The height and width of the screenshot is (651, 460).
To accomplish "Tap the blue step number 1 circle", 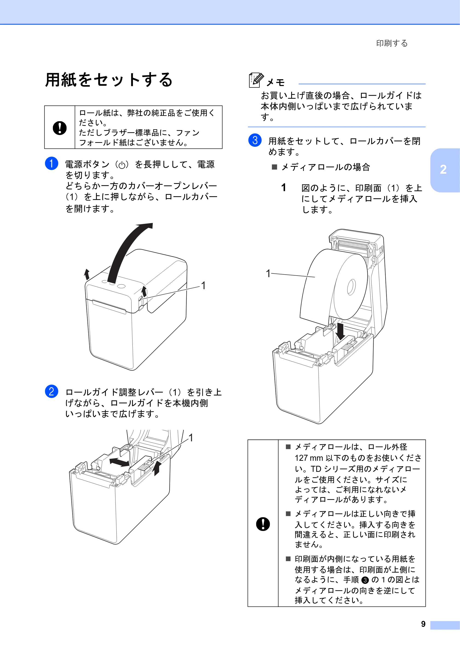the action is (52, 164).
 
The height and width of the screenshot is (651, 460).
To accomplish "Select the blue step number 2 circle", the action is (52, 391).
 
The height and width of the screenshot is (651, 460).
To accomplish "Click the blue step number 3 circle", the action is (255, 140).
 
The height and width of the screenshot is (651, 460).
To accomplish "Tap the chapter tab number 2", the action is (443, 170).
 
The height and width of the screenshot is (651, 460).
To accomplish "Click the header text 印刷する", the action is (392, 43).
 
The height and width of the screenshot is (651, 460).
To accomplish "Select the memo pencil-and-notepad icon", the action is (256, 80).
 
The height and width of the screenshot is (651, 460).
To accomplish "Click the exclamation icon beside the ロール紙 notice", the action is (60, 128).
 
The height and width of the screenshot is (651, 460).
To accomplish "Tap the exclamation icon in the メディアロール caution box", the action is (263, 524).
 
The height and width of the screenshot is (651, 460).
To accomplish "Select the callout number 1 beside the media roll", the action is (268, 273).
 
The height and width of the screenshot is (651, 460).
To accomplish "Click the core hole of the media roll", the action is (351, 287).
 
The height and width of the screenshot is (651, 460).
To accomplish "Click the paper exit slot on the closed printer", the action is (109, 307).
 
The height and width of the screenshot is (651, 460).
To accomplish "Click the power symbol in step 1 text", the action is (122, 165).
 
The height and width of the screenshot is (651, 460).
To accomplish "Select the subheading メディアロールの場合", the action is (326, 167).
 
